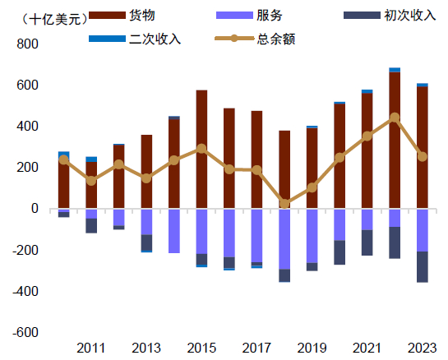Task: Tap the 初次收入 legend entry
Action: click(404, 16)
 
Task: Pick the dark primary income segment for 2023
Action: click(422, 267)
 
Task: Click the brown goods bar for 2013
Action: click(146, 172)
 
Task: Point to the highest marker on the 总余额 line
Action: click(395, 118)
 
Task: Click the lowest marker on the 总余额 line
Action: click(284, 203)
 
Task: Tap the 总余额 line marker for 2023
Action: click(422, 156)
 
